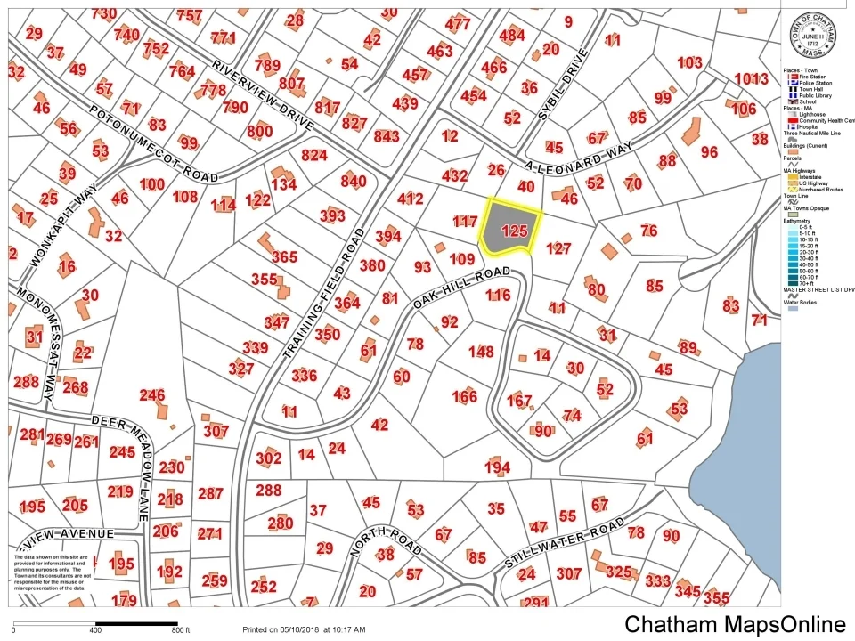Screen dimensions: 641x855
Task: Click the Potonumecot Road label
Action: (x=153, y=144)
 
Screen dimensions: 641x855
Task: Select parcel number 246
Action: (x=152, y=395)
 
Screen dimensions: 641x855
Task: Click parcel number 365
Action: (x=284, y=256)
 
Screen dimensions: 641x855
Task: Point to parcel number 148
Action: (x=481, y=352)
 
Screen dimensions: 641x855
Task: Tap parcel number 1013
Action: (x=751, y=78)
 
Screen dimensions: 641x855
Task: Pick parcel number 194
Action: (x=497, y=467)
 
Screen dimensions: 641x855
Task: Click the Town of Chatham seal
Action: (x=813, y=34)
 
